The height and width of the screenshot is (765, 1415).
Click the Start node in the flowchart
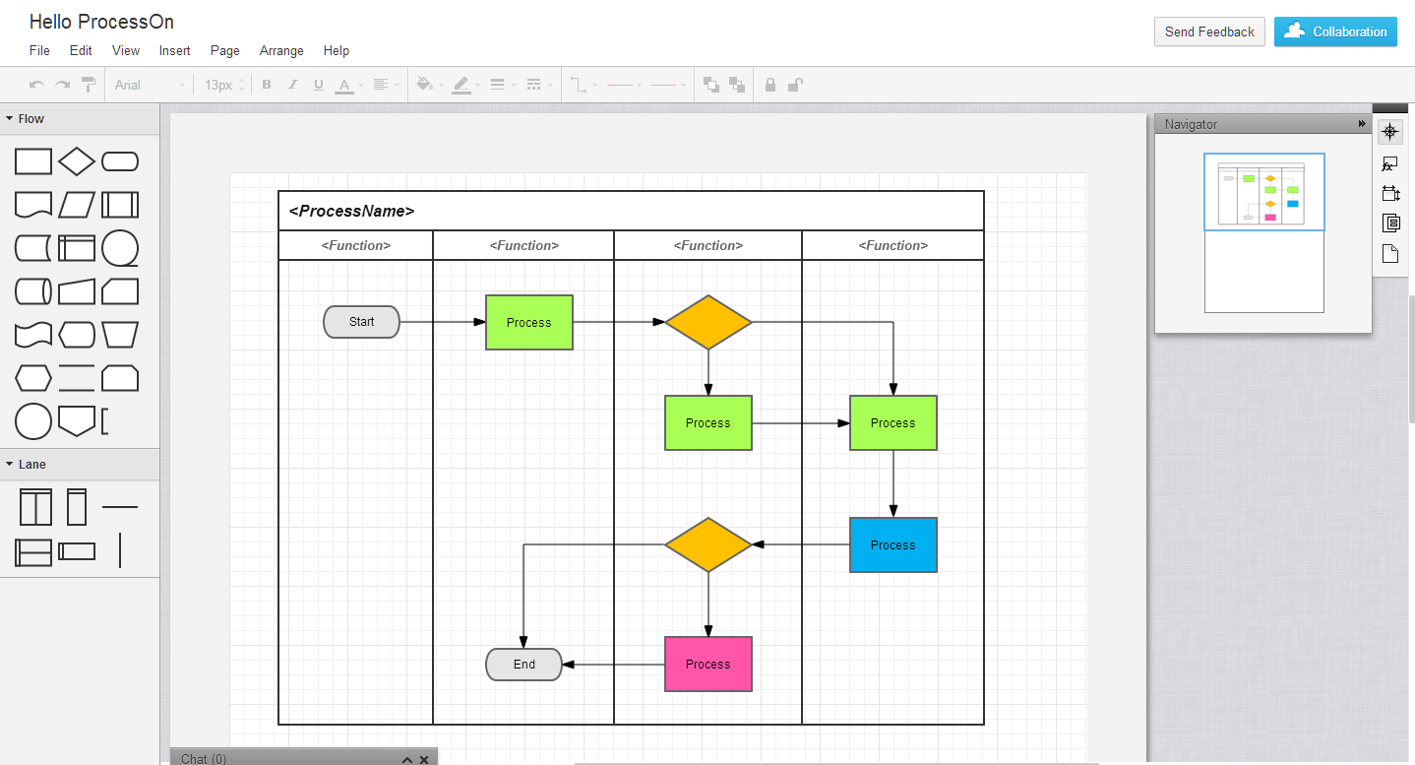[x=361, y=322]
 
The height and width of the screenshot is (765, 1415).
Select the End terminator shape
[x=523, y=665]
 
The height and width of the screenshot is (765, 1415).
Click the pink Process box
[x=707, y=665]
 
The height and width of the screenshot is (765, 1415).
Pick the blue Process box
[x=892, y=545]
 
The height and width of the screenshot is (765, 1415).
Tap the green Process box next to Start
[x=528, y=323]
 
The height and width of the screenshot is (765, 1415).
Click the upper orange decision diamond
[x=707, y=322]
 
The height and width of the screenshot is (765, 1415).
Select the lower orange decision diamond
[x=707, y=544]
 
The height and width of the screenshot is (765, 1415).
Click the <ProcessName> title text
[x=351, y=211]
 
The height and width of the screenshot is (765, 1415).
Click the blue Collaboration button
[x=1334, y=32]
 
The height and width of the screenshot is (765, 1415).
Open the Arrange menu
[x=281, y=51]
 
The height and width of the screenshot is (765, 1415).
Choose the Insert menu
[x=175, y=51]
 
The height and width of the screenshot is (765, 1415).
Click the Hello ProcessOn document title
[x=101, y=22]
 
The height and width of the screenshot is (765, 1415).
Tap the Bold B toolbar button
[x=266, y=85]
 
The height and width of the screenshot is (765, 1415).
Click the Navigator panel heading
[x=1191, y=124]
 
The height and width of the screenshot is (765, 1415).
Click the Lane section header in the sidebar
[x=31, y=465]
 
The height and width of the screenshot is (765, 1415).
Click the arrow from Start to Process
[x=443, y=322]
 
